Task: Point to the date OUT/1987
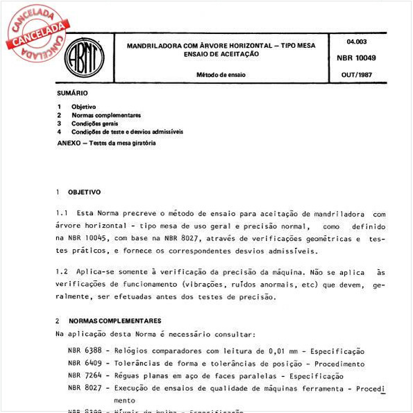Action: [362, 74]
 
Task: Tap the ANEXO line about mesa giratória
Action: [106, 143]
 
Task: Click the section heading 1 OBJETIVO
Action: [78, 192]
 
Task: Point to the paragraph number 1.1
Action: [61, 214]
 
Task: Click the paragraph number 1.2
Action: [61, 273]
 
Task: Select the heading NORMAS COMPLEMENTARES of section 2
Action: [115, 321]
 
